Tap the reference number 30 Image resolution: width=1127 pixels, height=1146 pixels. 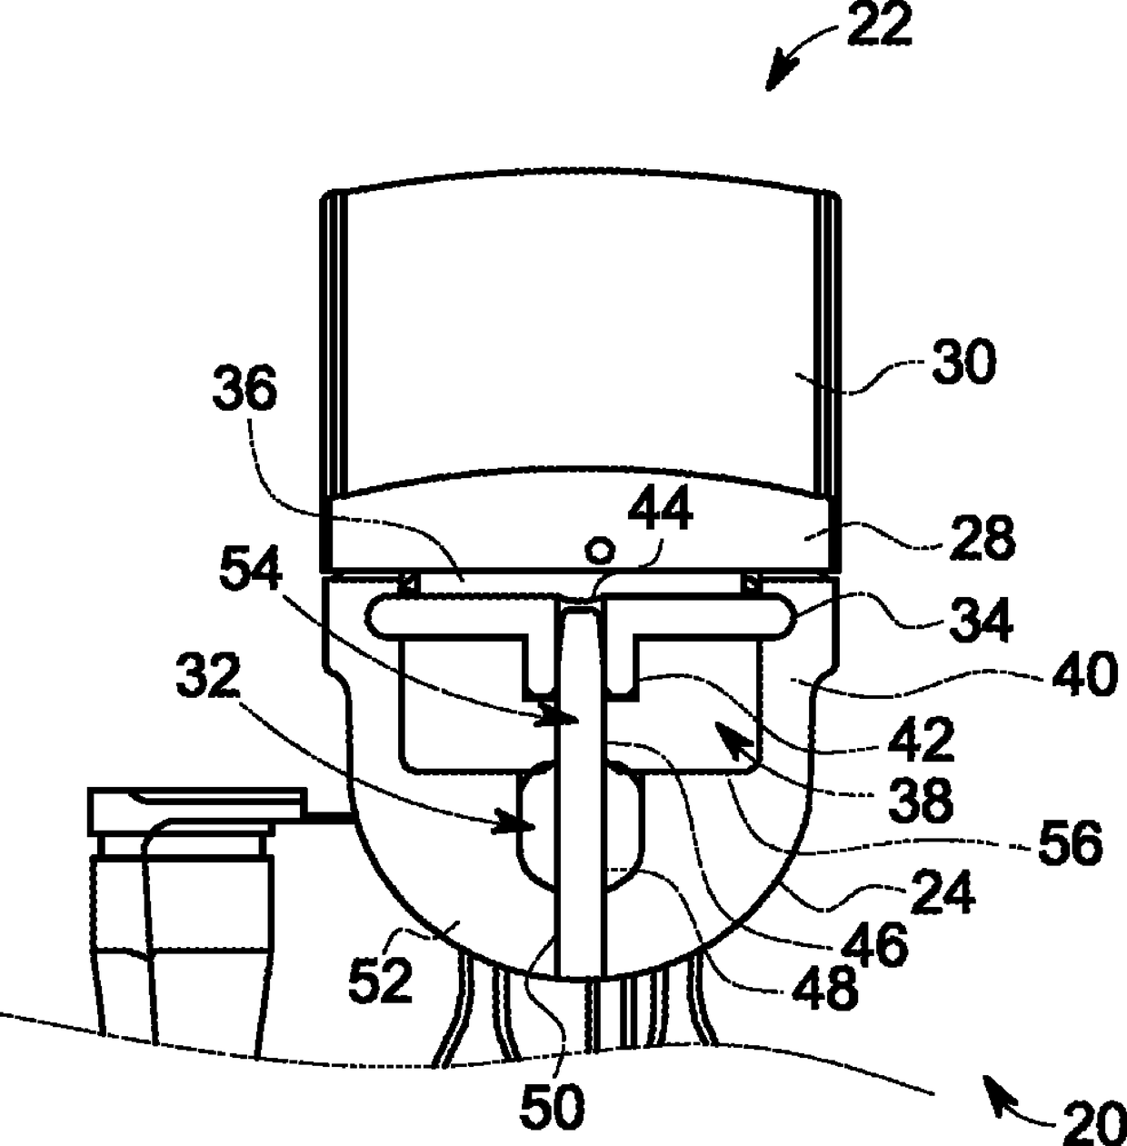coord(964,361)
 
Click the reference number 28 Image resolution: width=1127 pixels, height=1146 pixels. coord(982,538)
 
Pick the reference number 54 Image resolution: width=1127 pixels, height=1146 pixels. coord(251,568)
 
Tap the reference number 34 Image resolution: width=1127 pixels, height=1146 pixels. coord(982,621)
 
